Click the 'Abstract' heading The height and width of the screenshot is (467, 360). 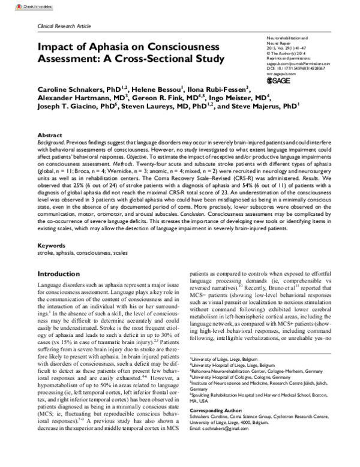[x=50, y=136]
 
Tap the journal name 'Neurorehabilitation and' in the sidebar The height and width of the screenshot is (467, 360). [x=287, y=37]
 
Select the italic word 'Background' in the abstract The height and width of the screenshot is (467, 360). [x=53, y=144]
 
